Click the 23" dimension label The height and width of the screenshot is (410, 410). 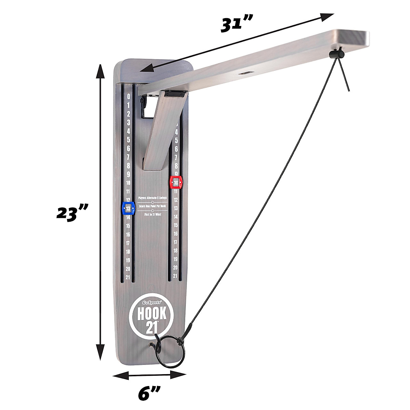click(72, 213)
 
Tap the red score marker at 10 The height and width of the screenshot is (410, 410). click(176, 183)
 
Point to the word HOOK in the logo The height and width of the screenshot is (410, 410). click(152, 314)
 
